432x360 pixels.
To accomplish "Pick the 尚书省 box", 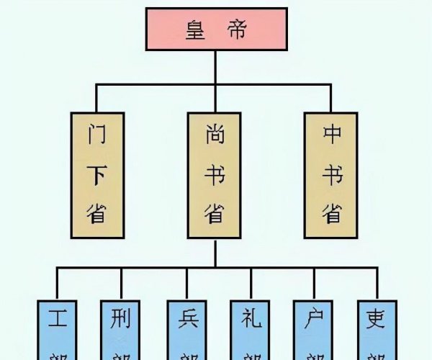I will (x=213, y=175).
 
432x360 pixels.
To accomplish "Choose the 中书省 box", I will (x=330, y=175).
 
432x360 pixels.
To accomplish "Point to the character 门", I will (x=97, y=135).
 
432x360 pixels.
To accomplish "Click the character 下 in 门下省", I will (x=97, y=174).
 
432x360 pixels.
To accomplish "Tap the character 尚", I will (x=213, y=135).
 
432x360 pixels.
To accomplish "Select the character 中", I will (x=330, y=135).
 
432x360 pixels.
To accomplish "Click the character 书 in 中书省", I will (x=330, y=174).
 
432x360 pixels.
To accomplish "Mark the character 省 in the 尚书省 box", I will (x=213, y=213).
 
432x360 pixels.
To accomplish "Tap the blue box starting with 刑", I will (x=120, y=328).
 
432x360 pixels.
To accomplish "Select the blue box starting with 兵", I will (x=185, y=328).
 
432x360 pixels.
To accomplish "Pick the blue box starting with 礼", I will (x=249, y=328).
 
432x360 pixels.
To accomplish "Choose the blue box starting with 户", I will (x=313, y=328).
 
